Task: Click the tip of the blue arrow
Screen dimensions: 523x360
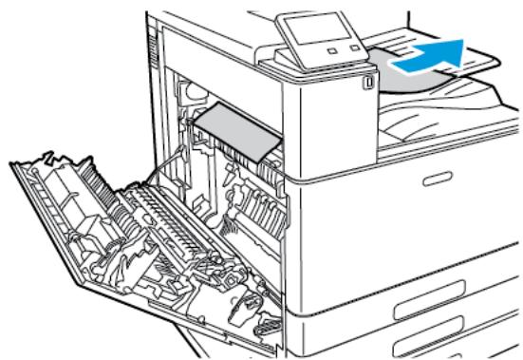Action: (467, 45)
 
